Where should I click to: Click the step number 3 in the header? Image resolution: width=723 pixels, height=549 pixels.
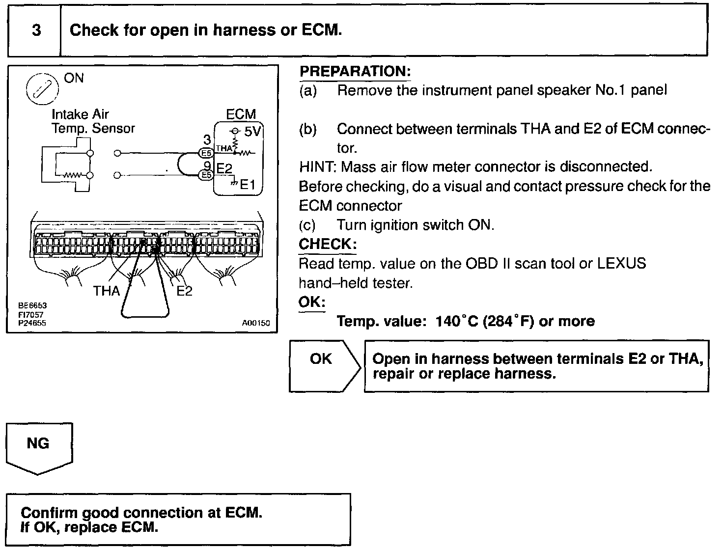point(36,30)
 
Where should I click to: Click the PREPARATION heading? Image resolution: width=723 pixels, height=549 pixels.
point(355,71)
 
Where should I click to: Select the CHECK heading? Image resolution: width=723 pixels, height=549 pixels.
point(327,244)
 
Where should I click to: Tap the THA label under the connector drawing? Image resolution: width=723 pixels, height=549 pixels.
point(107,291)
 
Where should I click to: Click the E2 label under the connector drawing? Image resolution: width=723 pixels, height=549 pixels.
point(184,291)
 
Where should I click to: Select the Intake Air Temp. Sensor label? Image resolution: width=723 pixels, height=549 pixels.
point(93,121)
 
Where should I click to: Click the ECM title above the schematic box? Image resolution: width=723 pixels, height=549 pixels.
point(241,114)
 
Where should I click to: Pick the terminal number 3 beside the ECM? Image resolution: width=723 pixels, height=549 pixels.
point(207,140)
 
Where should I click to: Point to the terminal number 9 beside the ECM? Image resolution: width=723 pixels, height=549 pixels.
point(207,166)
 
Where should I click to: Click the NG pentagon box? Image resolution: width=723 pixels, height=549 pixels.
point(38,444)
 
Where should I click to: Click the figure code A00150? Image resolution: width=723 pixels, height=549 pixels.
point(256,324)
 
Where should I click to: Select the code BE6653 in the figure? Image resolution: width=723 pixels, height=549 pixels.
point(32,305)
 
